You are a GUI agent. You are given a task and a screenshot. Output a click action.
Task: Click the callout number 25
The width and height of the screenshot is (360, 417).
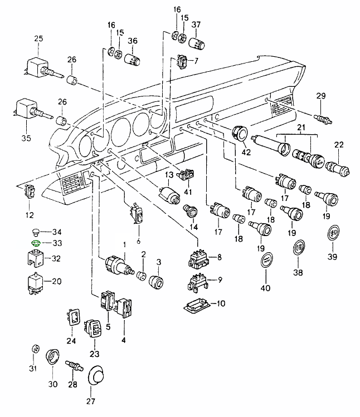(x=38, y=38)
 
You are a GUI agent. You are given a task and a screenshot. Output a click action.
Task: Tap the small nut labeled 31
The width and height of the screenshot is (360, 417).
(x=34, y=349)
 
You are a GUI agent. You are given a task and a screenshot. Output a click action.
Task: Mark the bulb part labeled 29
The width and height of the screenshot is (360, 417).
(x=322, y=118)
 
